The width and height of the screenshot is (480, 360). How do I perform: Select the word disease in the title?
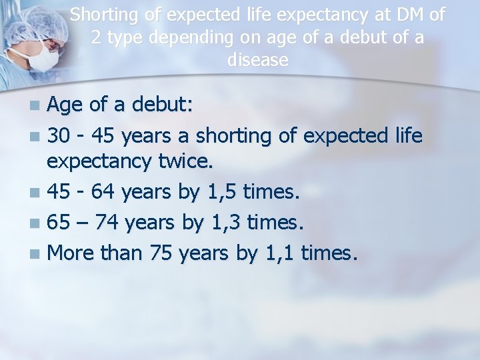point(257,60)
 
